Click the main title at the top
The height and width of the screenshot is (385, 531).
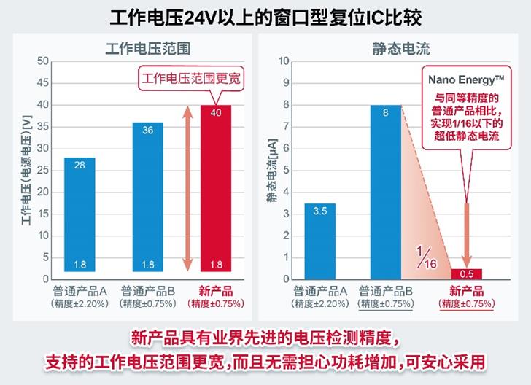265,15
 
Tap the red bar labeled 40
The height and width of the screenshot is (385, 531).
216,188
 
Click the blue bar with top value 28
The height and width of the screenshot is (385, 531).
80,214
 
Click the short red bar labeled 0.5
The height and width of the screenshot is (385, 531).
466,273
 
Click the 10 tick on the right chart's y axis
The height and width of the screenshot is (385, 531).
285,61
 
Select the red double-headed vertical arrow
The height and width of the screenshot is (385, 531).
186,188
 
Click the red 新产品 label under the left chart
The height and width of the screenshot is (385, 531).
216,290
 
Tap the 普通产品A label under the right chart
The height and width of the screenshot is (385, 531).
319,290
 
